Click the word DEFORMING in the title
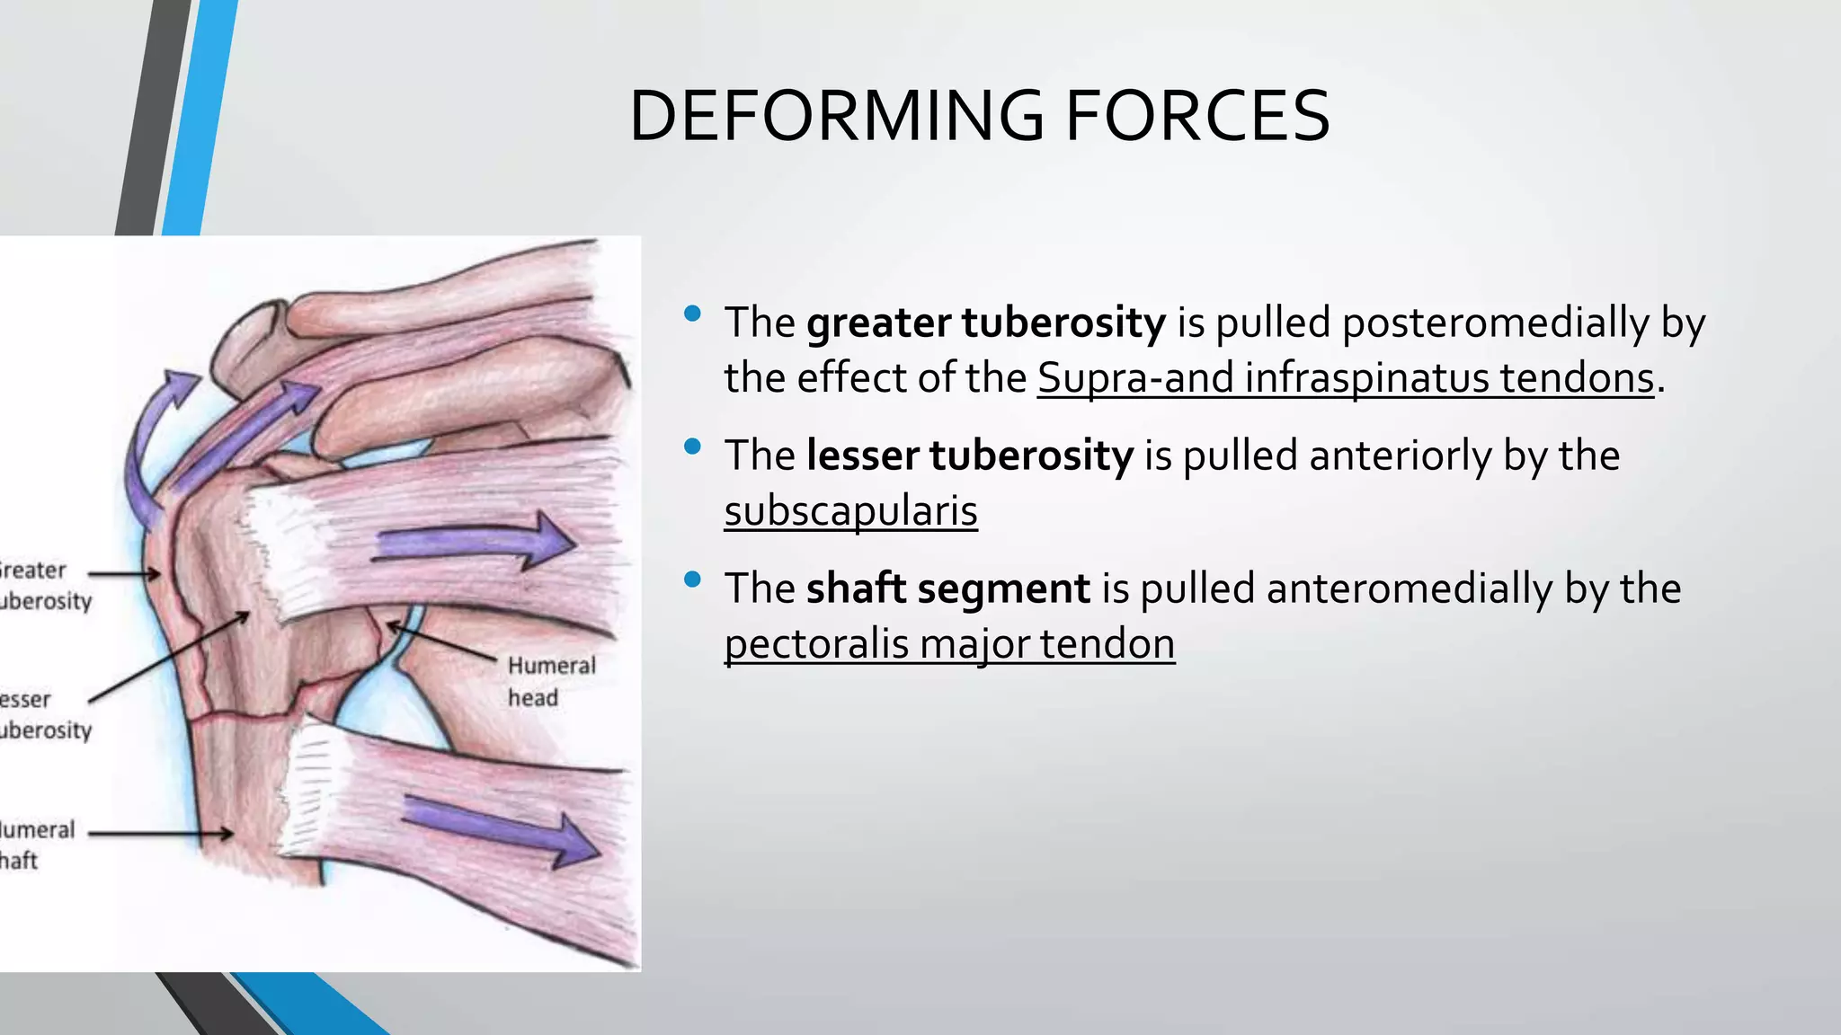[x=836, y=117]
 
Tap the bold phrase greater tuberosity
[x=985, y=323]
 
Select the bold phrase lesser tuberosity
[x=969, y=456]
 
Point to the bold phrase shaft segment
[x=947, y=588]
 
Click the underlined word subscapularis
[x=850, y=511]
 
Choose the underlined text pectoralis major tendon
[x=949, y=644]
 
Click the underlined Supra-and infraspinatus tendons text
[x=1345, y=378]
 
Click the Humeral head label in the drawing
[x=550, y=681]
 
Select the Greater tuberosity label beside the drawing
[x=40, y=586]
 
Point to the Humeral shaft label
[x=34, y=845]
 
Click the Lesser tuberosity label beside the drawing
[x=40, y=714]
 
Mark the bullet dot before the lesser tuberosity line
[x=691, y=447]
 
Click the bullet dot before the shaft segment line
[x=691, y=579]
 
